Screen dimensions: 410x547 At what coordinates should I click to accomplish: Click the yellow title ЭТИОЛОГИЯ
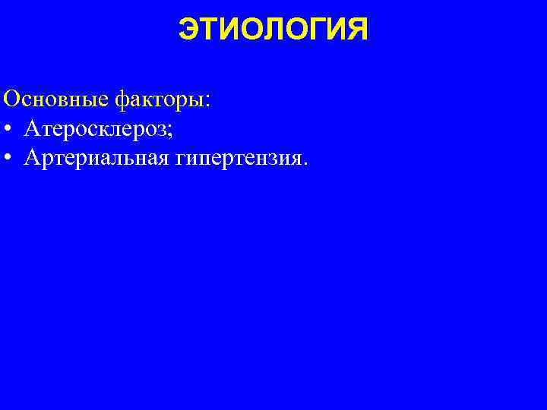coord(273,30)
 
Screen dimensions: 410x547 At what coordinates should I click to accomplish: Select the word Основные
coord(57,99)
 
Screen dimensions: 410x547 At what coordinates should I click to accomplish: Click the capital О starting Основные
coord(12,99)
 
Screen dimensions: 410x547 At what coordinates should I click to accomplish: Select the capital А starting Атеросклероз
coord(33,130)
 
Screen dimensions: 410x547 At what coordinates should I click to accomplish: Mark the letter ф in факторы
coord(122,99)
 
